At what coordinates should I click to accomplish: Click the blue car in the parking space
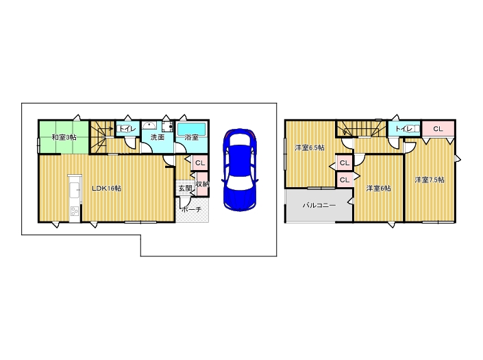240,170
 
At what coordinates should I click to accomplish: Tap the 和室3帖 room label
64,137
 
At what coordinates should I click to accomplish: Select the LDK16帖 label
107,189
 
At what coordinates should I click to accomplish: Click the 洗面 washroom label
158,137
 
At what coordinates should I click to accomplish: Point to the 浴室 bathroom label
191,137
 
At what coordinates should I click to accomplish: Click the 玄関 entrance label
185,189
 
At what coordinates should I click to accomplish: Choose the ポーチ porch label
191,210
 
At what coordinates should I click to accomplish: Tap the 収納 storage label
202,184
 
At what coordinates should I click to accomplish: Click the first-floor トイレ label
127,129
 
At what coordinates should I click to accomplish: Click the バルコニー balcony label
319,205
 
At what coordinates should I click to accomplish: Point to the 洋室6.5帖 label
310,147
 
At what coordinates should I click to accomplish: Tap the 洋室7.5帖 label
430,180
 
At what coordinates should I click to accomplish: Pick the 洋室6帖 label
379,189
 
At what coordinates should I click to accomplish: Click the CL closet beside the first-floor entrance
200,163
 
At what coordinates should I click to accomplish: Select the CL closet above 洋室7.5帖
438,129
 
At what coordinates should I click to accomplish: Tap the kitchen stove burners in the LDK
75,211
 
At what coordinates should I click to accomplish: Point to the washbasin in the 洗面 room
149,125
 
